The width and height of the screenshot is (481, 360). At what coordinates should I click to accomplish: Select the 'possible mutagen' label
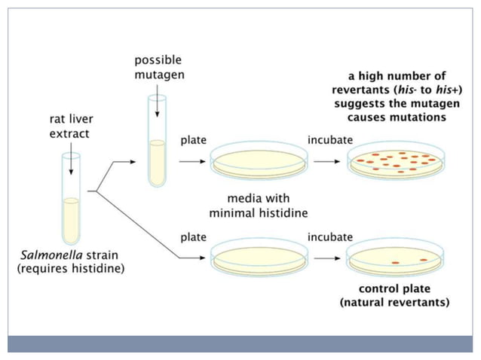158,67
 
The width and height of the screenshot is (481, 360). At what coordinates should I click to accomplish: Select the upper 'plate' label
193,141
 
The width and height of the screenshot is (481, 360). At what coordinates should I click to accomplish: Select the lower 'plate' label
193,236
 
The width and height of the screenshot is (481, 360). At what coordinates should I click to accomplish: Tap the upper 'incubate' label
329,141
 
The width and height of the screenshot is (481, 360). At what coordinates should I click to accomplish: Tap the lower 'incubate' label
329,236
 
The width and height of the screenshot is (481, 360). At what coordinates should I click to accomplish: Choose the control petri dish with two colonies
395,259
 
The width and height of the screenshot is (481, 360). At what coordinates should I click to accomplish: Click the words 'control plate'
395,289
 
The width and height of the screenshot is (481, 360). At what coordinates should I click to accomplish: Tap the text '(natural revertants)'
395,303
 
